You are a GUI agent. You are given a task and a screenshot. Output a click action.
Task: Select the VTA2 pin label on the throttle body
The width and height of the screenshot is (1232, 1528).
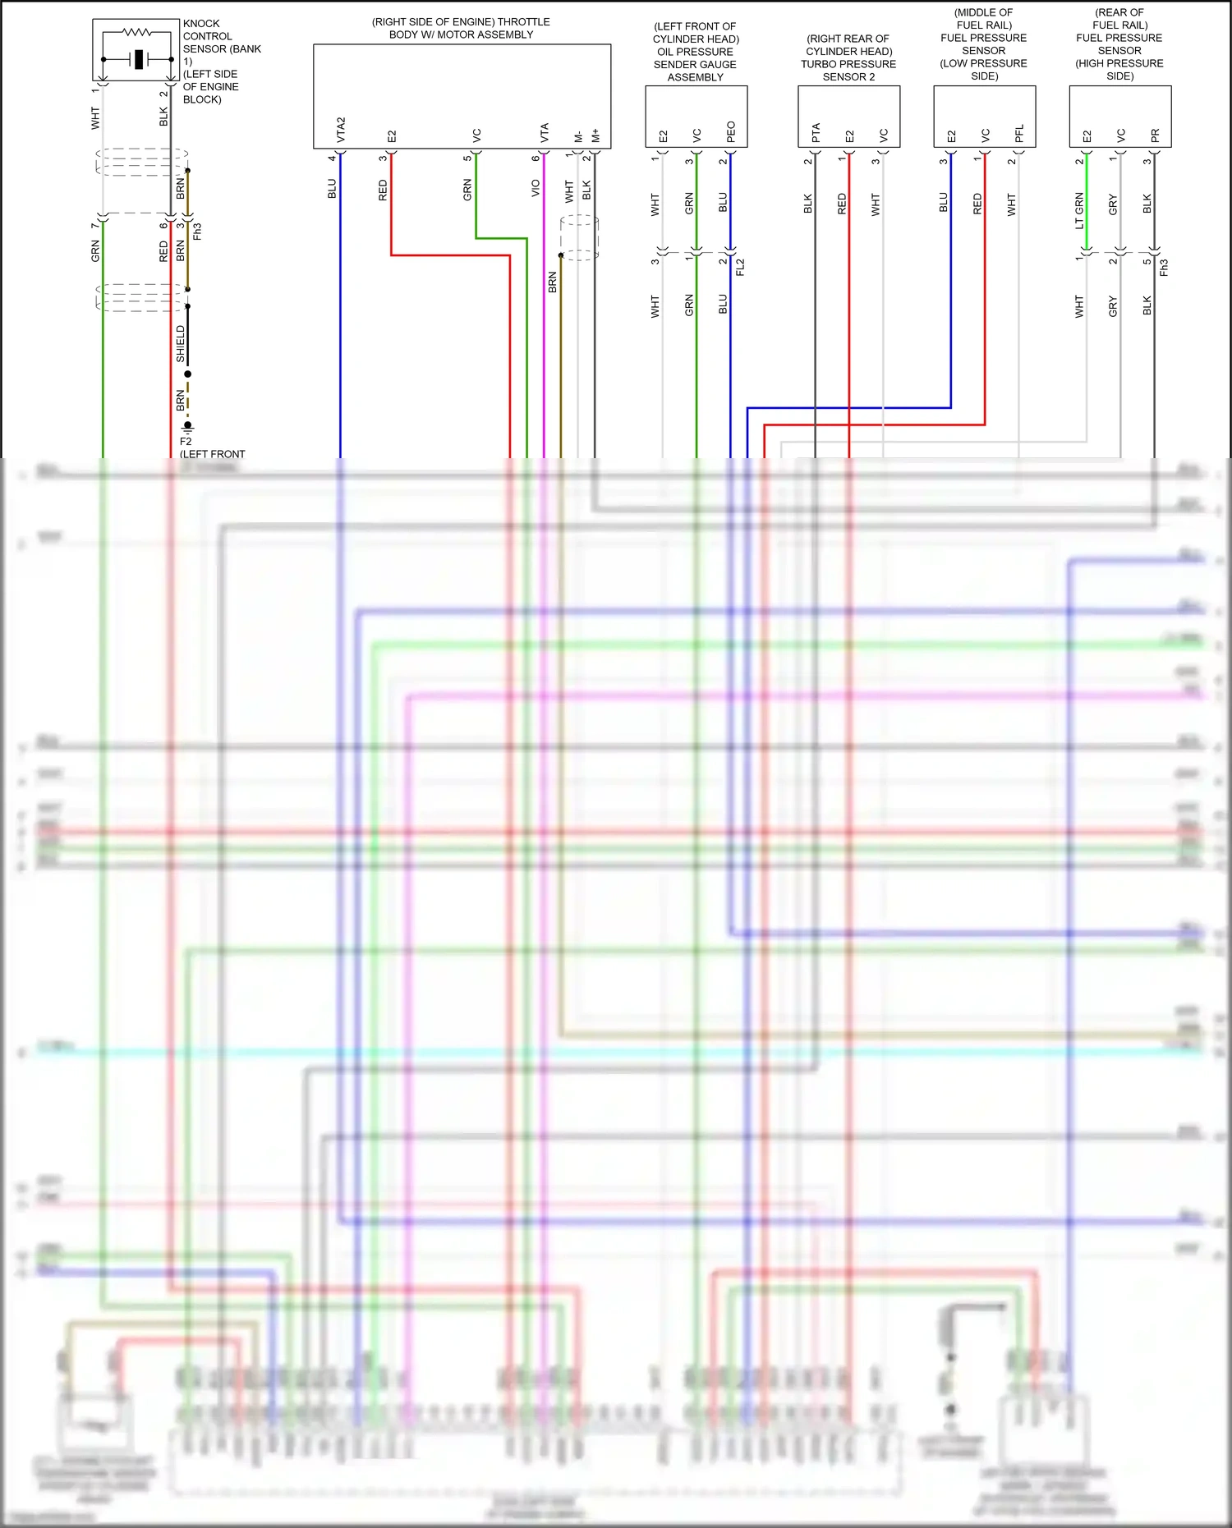click(x=341, y=129)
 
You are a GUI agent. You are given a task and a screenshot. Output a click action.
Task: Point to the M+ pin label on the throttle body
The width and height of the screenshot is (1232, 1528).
click(x=595, y=135)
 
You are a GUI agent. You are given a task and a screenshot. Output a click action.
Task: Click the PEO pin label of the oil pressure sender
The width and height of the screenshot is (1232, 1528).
click(x=731, y=131)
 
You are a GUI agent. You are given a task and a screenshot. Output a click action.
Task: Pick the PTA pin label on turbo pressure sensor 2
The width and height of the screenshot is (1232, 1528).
click(x=816, y=132)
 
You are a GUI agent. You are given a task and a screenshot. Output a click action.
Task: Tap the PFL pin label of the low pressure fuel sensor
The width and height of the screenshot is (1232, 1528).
click(x=1019, y=133)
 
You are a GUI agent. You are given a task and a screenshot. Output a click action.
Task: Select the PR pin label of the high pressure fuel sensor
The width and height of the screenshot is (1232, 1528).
click(x=1155, y=135)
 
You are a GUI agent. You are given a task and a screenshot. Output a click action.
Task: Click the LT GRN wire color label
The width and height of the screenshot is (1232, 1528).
click(x=1079, y=210)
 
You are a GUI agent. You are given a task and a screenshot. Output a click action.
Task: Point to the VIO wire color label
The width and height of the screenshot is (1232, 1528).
click(x=536, y=188)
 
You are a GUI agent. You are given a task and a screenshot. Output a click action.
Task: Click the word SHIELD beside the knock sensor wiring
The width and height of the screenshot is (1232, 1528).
click(x=181, y=343)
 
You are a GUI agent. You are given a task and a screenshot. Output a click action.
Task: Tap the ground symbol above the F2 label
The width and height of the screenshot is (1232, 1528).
click(x=187, y=427)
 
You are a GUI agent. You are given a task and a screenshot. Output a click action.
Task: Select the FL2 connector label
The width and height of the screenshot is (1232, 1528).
click(x=740, y=267)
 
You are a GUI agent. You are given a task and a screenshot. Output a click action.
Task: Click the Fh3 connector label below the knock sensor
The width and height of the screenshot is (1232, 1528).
click(x=197, y=232)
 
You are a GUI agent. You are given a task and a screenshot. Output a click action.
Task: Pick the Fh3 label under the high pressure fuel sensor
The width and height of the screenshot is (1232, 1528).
click(x=1164, y=267)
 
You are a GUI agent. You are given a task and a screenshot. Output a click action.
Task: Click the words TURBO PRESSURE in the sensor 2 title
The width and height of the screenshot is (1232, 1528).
click(x=848, y=64)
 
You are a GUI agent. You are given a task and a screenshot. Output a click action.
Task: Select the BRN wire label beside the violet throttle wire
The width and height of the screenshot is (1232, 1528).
click(x=553, y=282)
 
